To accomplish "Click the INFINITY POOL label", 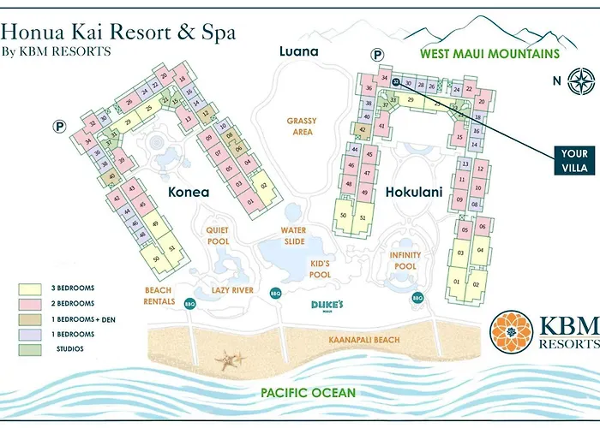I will click(405, 261).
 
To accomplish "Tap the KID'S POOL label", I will click(320, 270).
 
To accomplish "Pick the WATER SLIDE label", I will click(294, 236).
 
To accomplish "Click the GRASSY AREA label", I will click(302, 127).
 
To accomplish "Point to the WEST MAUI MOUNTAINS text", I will click(489, 53).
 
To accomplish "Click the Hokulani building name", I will click(413, 192).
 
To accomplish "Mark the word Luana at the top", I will click(298, 51).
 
